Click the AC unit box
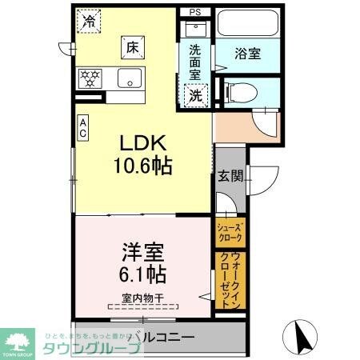(82, 129)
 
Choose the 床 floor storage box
(132, 48)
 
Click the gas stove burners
(90, 78)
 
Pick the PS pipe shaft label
(196, 13)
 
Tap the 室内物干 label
(143, 298)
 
